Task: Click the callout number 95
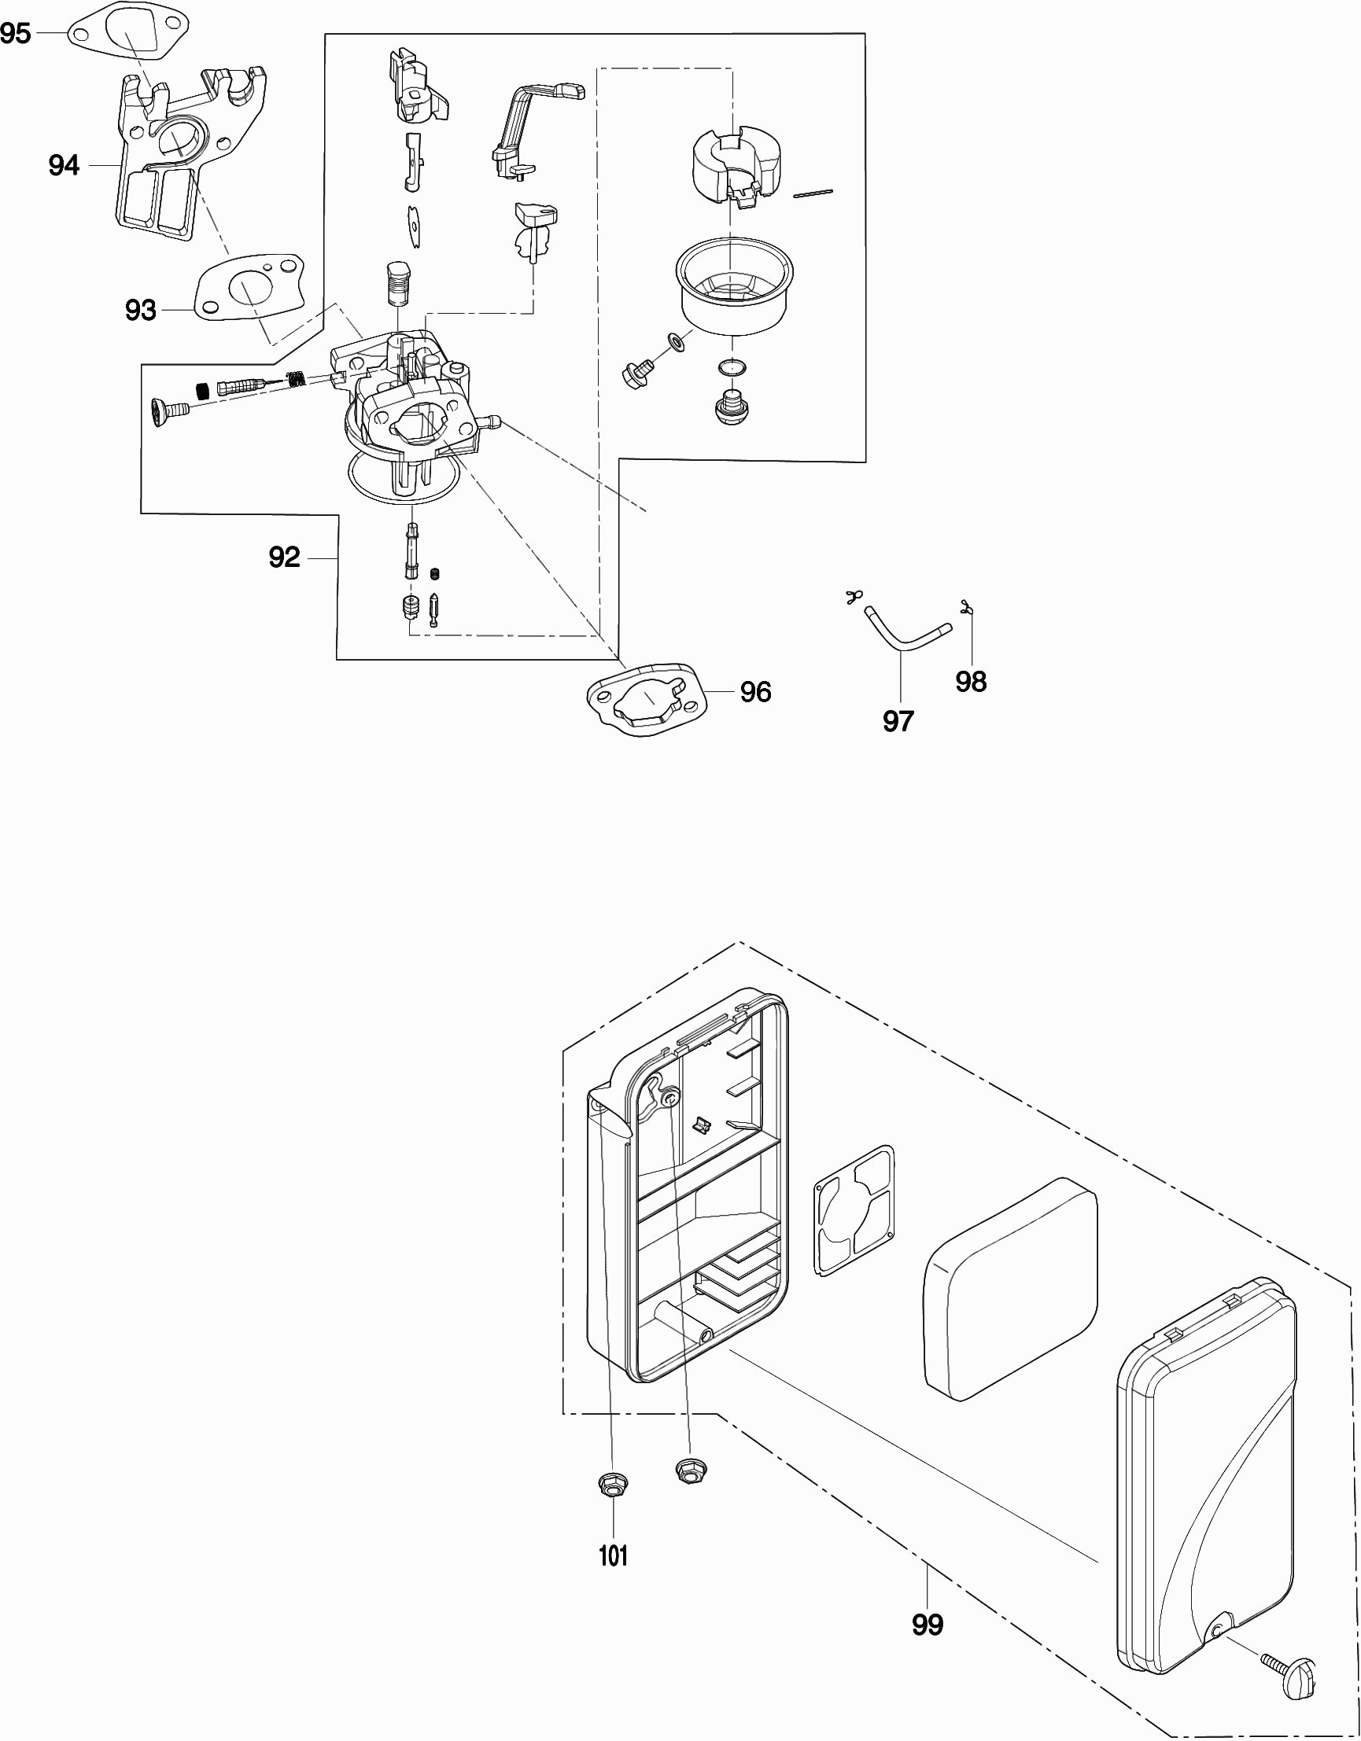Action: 16,34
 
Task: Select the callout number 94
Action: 64,165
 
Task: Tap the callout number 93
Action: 140,310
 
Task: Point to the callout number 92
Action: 284,558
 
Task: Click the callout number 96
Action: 755,692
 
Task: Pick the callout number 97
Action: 898,720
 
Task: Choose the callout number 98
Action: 971,682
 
